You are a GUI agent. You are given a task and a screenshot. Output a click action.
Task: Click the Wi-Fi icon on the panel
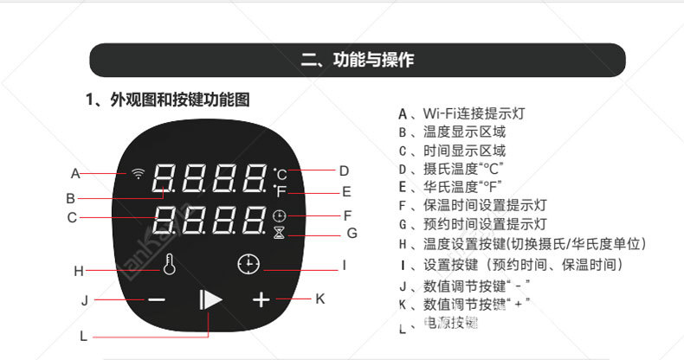coord(138,173)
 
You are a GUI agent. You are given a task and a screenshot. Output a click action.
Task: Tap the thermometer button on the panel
coord(168,264)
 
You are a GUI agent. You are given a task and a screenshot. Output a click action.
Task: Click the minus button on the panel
coord(156,299)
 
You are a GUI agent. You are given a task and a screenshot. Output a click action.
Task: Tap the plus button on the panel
coord(261,299)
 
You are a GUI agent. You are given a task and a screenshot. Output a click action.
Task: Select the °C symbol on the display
coord(281,173)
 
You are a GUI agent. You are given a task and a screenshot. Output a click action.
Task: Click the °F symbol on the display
coord(281,191)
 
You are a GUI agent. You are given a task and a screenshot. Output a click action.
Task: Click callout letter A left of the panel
coord(75,172)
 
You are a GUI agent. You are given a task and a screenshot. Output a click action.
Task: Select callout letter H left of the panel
coord(78,271)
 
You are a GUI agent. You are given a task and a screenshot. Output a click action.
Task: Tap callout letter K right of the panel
coord(319,299)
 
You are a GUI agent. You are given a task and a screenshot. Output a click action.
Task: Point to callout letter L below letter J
coord(83,336)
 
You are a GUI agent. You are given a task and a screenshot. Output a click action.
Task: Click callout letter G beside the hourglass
coord(352,233)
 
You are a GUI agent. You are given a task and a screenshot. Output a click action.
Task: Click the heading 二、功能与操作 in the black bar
coord(357,60)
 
